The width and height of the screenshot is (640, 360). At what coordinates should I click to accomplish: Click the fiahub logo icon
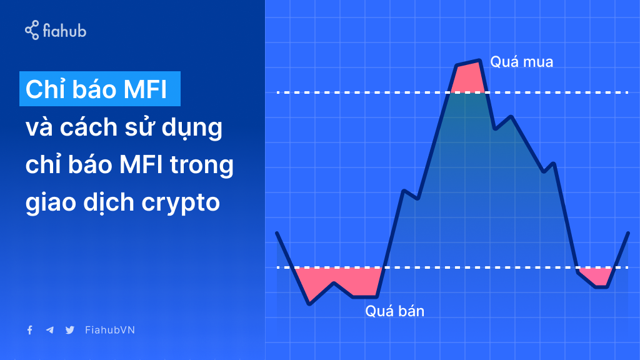click(32, 30)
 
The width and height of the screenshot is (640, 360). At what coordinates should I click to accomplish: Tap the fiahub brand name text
click(64, 31)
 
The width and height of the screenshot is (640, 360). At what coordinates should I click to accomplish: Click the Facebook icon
click(30, 330)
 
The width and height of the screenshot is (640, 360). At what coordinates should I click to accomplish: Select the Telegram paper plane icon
click(50, 330)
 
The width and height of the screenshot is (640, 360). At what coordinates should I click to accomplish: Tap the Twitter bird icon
click(70, 330)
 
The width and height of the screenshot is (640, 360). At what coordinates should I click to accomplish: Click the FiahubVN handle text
click(110, 330)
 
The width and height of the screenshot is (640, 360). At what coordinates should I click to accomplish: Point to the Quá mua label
click(522, 62)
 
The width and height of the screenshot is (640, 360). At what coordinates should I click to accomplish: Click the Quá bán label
click(395, 311)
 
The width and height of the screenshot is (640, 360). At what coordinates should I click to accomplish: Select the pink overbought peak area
click(467, 77)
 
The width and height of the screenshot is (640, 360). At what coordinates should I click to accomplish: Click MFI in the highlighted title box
click(145, 89)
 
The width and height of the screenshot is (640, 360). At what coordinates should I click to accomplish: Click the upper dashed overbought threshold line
click(452, 92)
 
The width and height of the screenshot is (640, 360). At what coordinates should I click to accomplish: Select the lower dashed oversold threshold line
click(452, 267)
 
